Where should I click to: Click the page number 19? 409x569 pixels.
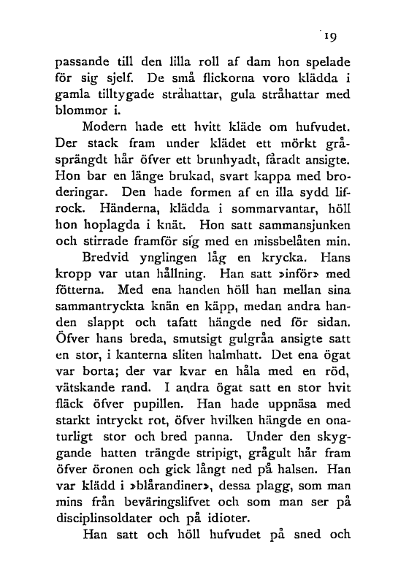point(335,34)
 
